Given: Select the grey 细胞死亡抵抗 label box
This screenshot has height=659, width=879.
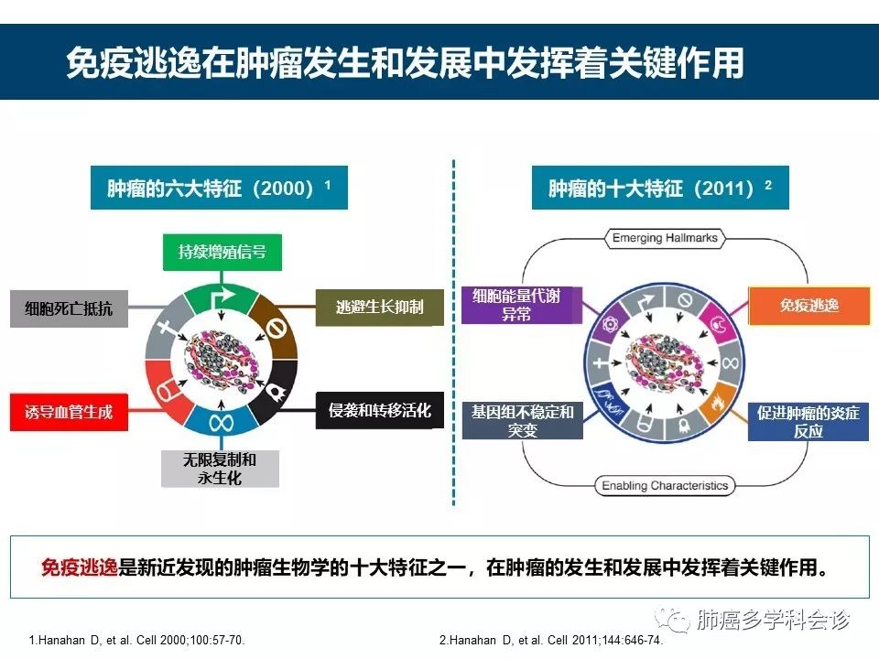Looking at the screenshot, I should point(69,308).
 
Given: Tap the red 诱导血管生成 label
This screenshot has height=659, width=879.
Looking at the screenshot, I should point(69,412).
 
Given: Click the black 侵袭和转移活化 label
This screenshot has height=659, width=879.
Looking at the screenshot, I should point(379,410).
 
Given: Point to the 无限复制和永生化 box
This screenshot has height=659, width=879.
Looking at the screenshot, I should point(221,468).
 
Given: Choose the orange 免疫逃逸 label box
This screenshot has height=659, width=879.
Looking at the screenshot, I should point(808,306).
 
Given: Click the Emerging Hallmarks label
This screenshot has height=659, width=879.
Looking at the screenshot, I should point(665,239).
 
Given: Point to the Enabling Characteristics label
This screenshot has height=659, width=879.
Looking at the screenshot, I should point(665,485).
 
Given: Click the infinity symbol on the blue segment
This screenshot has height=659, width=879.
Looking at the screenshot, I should point(222,424).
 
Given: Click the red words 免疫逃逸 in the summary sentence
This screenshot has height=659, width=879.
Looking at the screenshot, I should point(80,567).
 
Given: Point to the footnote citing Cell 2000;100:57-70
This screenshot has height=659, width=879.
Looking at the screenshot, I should point(137,640).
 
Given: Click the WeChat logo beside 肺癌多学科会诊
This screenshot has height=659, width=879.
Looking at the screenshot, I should point(678,621).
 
